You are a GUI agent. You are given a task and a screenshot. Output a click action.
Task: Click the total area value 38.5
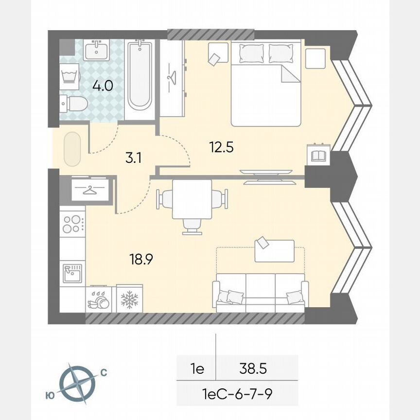pos(253,369)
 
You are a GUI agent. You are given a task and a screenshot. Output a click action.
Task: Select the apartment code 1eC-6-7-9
pos(237,393)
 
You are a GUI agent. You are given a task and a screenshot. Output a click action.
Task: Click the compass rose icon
pos(77,382)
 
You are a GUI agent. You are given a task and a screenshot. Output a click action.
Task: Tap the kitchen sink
pos(72,273)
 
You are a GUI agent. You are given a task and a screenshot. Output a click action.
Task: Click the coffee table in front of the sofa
pos(274,250)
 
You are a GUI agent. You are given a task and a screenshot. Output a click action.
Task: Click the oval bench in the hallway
pos(71,149)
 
